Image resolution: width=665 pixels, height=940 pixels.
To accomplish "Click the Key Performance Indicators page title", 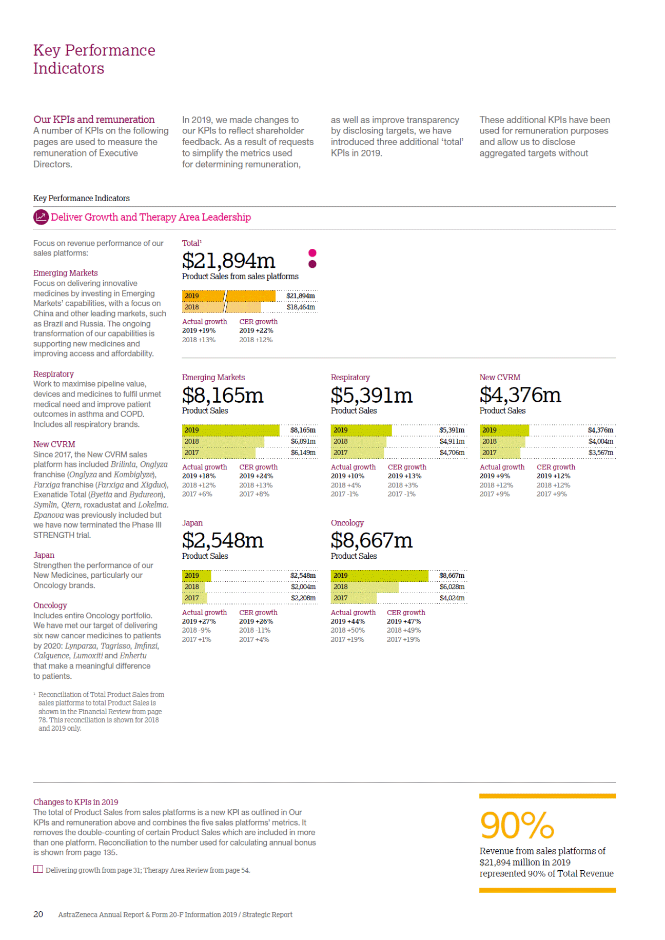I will pyautogui.click(x=94, y=59).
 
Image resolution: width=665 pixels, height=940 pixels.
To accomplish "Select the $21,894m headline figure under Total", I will pyautogui.click(x=228, y=261).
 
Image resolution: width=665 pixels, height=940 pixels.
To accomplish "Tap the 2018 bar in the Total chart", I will pyautogui.click(x=221, y=307).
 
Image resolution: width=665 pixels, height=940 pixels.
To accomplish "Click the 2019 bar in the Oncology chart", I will pyautogui.click(x=379, y=576).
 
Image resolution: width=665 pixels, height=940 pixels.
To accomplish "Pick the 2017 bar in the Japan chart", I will pyautogui.click(x=194, y=598).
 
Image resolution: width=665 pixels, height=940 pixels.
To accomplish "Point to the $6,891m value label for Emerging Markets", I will pyautogui.click(x=303, y=441).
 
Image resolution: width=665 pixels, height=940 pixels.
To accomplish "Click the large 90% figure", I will pyautogui.click(x=517, y=825).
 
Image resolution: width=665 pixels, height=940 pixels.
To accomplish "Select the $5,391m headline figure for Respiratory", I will pyautogui.click(x=371, y=395).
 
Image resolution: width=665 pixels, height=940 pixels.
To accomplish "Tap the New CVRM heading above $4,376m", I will pyautogui.click(x=500, y=378).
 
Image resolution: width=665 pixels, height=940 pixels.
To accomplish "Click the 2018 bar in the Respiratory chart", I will pyautogui.click(x=358, y=441).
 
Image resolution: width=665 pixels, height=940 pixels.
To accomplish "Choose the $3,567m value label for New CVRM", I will pyautogui.click(x=600, y=453).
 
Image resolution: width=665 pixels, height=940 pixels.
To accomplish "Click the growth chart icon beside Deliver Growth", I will pyautogui.click(x=41, y=217).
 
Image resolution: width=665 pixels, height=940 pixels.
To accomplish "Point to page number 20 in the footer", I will pyautogui.click(x=38, y=914).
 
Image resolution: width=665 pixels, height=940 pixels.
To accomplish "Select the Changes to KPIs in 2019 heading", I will pyautogui.click(x=75, y=802).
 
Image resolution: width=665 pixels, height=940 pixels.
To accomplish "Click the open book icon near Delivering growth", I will pyautogui.click(x=38, y=869).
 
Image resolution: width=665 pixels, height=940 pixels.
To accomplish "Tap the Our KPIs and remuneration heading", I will pyautogui.click(x=94, y=120).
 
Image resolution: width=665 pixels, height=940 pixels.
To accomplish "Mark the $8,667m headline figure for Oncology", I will pyautogui.click(x=371, y=540).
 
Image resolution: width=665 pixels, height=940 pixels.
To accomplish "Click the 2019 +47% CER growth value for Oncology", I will pyautogui.click(x=404, y=621).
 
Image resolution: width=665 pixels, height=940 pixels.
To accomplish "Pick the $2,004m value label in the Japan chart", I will pyautogui.click(x=303, y=587).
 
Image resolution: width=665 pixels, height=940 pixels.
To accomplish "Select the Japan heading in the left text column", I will pyautogui.click(x=44, y=555).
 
